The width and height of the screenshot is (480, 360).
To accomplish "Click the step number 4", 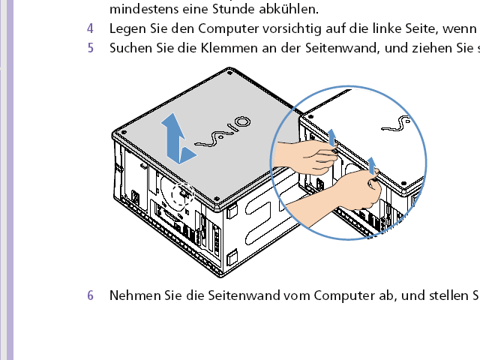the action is pyautogui.click(x=90, y=28).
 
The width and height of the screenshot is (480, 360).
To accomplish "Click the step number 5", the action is pyautogui.click(x=90, y=48).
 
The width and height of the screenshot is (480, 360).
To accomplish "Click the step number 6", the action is pyautogui.click(x=90, y=295).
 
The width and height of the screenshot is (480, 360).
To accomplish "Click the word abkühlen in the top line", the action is pyautogui.click(x=289, y=9).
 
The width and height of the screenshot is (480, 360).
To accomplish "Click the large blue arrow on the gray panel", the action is pyautogui.click(x=178, y=138).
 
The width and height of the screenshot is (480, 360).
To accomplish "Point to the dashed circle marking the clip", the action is pyautogui.click(x=183, y=195).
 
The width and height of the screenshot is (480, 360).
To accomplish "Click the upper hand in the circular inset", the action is pyautogui.click(x=306, y=157).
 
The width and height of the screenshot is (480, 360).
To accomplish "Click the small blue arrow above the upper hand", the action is pyautogui.click(x=331, y=137).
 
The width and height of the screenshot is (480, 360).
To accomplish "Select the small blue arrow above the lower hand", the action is pyautogui.click(x=372, y=165).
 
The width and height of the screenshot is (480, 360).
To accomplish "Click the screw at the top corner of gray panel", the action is pyautogui.click(x=229, y=73).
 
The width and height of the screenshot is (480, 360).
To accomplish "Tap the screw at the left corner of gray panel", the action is pyautogui.click(x=124, y=133).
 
